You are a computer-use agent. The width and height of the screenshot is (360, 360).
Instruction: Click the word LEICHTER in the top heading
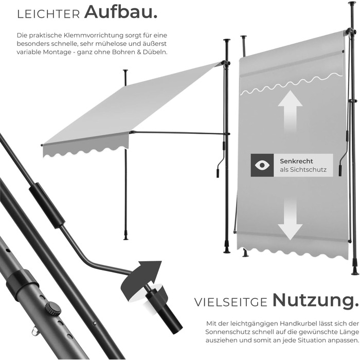point(49,14)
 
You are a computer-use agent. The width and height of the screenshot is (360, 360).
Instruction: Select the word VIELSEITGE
point(231,302)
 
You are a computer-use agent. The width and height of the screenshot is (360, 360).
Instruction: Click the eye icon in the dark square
point(262,165)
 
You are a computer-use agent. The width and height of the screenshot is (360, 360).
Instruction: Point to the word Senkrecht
point(296,161)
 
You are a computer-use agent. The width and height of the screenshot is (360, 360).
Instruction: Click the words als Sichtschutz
point(303,170)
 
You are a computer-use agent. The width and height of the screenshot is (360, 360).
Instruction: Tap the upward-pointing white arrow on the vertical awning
point(290,112)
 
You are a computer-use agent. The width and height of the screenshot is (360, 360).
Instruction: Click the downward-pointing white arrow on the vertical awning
point(290,219)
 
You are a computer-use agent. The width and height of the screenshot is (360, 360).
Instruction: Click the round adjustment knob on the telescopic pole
point(52,309)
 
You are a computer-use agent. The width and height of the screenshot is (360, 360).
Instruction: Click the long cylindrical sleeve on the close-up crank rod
point(47,206)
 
